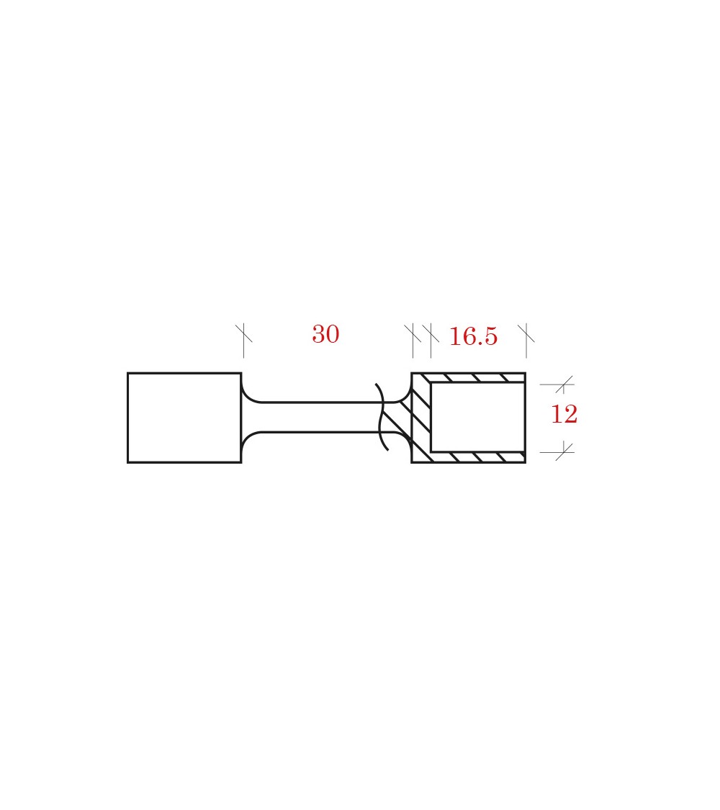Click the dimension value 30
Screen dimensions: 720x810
(x=325, y=334)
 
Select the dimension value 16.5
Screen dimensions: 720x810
(x=473, y=336)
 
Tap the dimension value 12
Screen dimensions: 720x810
(x=564, y=414)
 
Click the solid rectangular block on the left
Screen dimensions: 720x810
(x=184, y=418)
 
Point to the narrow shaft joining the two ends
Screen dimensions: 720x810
(x=320, y=417)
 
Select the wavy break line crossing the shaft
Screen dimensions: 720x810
(x=382, y=417)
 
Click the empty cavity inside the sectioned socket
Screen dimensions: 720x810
(x=477, y=417)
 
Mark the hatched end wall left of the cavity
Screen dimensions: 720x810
(x=421, y=418)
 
